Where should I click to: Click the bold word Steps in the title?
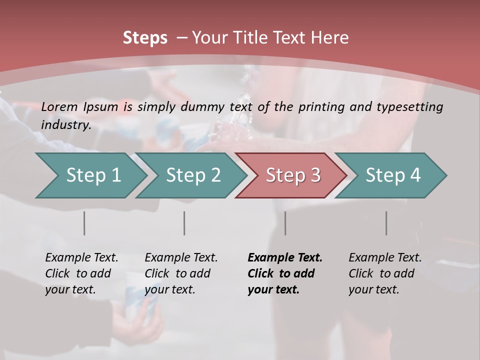click(x=145, y=37)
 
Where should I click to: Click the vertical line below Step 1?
click(x=84, y=223)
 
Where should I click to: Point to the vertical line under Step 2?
click(x=184, y=223)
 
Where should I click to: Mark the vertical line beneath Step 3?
click(x=285, y=223)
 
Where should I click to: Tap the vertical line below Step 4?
click(x=386, y=223)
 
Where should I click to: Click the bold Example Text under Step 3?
click(x=285, y=257)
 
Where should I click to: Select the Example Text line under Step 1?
click(x=81, y=257)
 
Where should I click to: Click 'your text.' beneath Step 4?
click(x=373, y=289)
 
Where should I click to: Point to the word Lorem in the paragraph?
click(x=59, y=106)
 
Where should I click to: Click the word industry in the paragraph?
click(x=65, y=124)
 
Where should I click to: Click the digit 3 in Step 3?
click(x=315, y=175)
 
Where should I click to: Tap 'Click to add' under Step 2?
click(x=177, y=273)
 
